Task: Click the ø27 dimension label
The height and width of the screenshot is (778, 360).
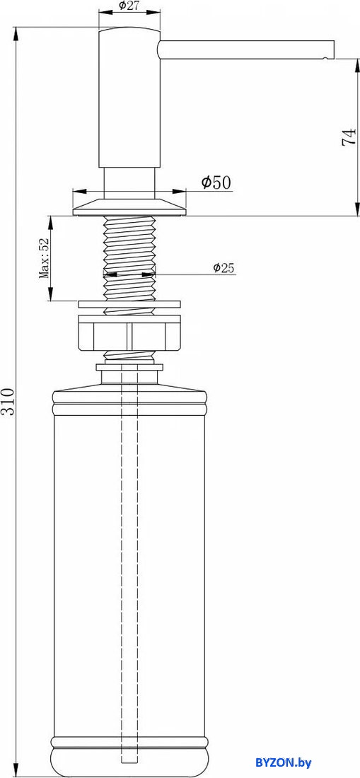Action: click(129, 6)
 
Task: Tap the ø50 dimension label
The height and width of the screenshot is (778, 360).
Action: click(216, 182)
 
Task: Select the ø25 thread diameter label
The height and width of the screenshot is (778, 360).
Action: click(223, 268)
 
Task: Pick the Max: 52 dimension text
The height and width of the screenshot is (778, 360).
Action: click(44, 258)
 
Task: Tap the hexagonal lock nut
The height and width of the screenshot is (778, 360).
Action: click(129, 337)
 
